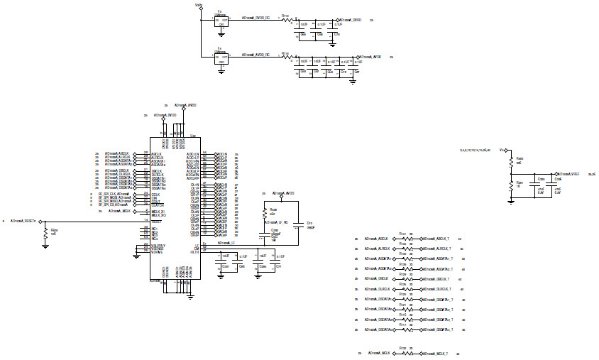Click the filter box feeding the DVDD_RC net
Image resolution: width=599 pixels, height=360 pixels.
tap(221, 21)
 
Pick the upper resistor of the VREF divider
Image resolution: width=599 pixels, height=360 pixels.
tap(511, 161)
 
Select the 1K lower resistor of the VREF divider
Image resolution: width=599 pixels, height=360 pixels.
tap(511, 185)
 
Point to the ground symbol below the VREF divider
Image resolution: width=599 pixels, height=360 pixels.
tap(511, 201)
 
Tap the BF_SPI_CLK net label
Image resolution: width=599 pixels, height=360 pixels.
tap(114, 194)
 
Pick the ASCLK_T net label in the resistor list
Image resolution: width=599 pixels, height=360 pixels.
tap(438, 239)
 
